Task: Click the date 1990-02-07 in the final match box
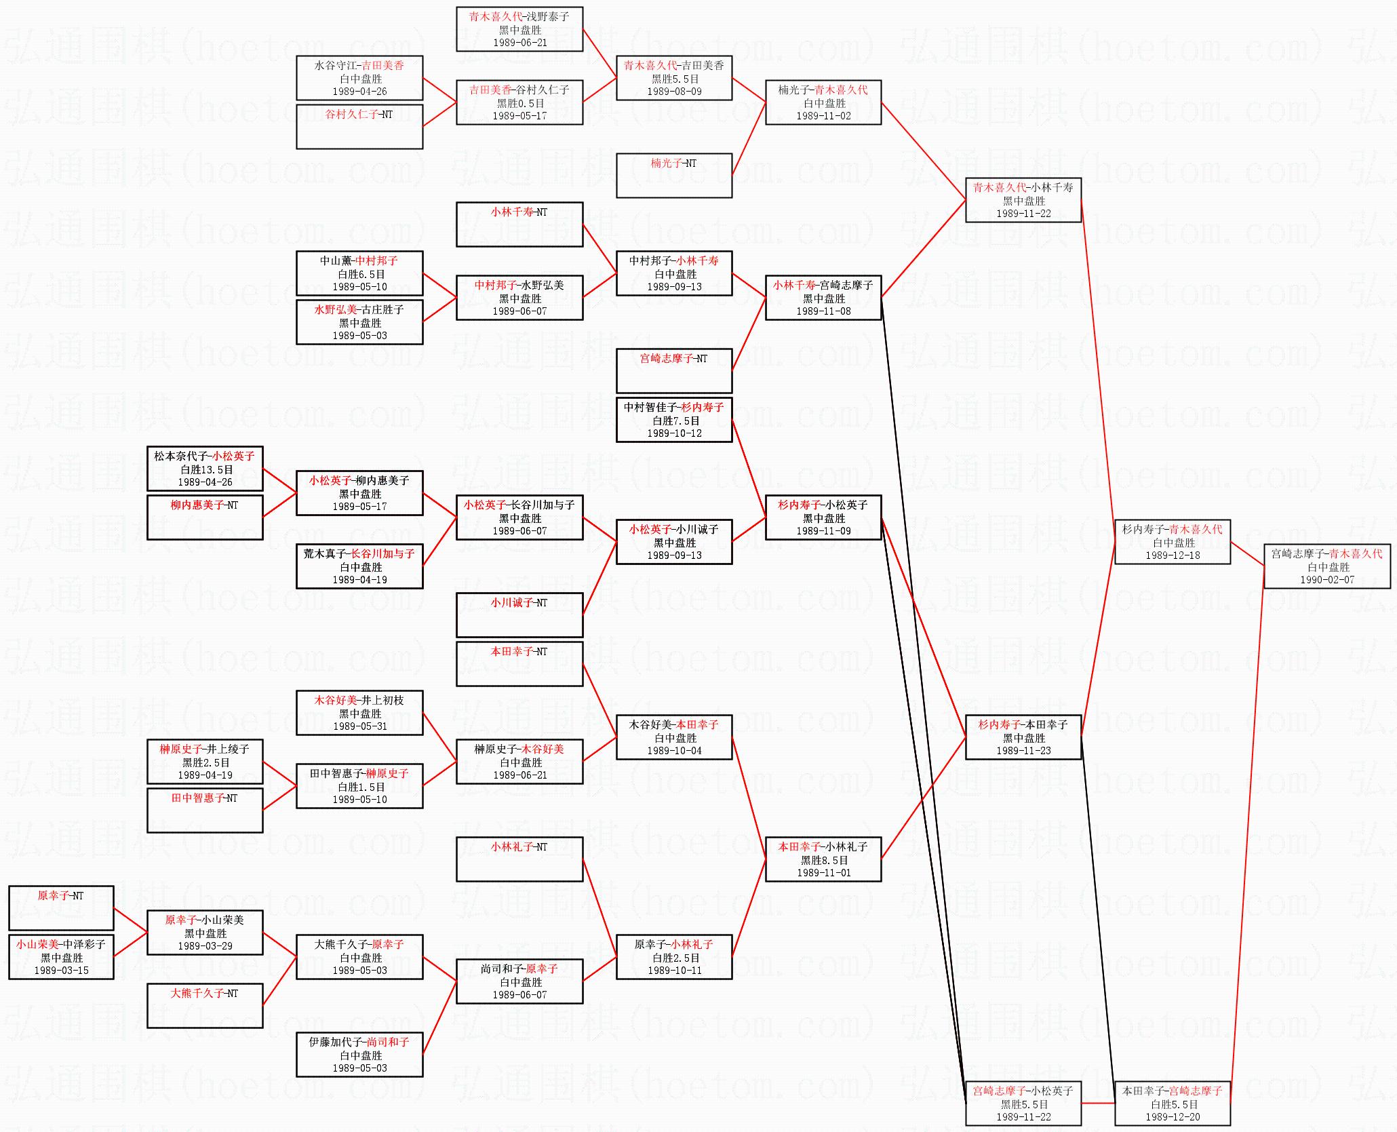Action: point(1326,580)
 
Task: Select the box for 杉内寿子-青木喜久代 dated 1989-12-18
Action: point(1173,541)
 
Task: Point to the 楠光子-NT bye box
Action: point(674,176)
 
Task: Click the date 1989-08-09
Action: point(674,92)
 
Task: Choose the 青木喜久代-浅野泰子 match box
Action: point(519,29)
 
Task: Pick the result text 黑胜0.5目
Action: point(520,103)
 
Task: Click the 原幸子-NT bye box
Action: point(61,907)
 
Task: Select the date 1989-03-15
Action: point(61,971)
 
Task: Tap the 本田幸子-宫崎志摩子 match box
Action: point(1173,1103)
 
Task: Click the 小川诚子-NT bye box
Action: point(519,614)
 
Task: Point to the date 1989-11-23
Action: point(1023,751)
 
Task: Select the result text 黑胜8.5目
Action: point(824,860)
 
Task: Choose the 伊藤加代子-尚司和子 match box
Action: point(359,1054)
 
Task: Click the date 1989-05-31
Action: point(360,726)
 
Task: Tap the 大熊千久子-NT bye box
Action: point(205,1005)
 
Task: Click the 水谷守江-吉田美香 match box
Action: point(359,78)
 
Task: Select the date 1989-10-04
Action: point(674,751)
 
